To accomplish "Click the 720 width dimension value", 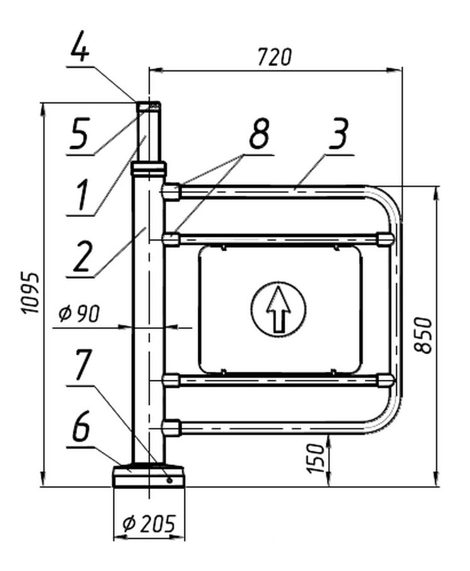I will [x=274, y=56].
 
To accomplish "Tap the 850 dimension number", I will [x=426, y=335].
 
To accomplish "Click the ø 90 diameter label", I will [x=79, y=314].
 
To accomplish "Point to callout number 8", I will [x=257, y=135].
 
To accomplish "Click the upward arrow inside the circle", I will [x=278, y=308].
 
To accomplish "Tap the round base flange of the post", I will [x=149, y=477].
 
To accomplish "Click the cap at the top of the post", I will [x=149, y=107].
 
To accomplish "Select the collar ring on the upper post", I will [x=149, y=168].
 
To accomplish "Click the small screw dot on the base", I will [x=169, y=480].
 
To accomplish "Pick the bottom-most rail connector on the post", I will [x=171, y=427].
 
